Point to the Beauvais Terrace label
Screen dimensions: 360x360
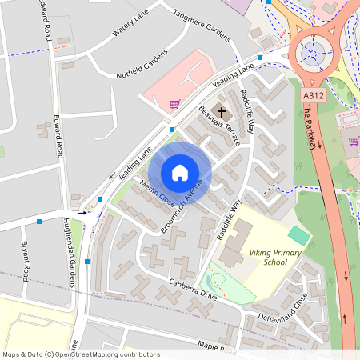coord(219,126)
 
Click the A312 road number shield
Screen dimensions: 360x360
coord(313,94)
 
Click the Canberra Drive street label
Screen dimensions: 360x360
coord(193,290)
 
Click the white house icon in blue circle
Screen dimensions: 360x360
coord(180,173)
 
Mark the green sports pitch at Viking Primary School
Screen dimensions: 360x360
coord(298,235)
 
